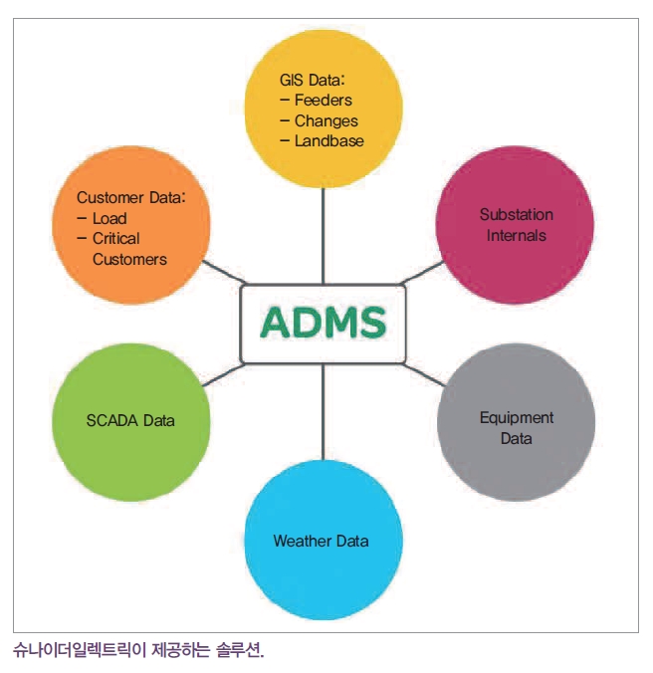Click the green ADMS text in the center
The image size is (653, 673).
[x=324, y=322]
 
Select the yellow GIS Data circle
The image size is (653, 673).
[x=324, y=109]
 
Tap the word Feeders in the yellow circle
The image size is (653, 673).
[x=324, y=100]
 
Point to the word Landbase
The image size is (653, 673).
[x=329, y=140]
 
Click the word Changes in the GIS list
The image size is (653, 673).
[x=326, y=121]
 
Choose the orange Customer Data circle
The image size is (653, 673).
[x=130, y=225]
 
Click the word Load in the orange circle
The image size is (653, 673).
[x=109, y=218]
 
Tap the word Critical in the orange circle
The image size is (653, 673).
[x=115, y=238]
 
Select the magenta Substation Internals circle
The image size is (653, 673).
[x=515, y=225]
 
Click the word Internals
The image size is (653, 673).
[x=517, y=235]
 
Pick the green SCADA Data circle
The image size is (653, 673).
[x=130, y=422]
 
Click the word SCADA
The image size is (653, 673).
[x=111, y=420]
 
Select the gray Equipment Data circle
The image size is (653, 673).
[x=517, y=422]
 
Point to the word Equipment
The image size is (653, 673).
[x=517, y=418]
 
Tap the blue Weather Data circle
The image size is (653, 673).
[x=324, y=540]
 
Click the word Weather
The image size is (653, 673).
[x=303, y=541]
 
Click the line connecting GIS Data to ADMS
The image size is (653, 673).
[x=324, y=236]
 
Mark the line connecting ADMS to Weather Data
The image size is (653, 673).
[x=324, y=412]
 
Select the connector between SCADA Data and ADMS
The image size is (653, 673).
[x=223, y=374]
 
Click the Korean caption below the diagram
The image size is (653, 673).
[x=138, y=650]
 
